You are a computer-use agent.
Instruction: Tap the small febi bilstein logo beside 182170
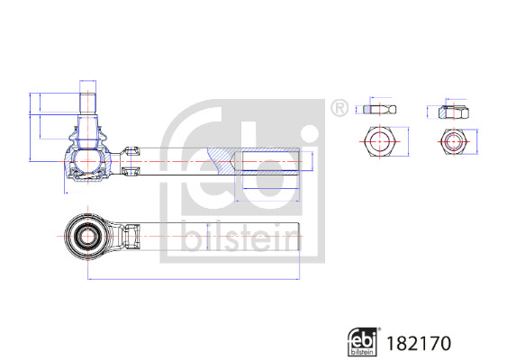click(364, 341)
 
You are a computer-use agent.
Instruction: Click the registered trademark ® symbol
click(339, 109)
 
